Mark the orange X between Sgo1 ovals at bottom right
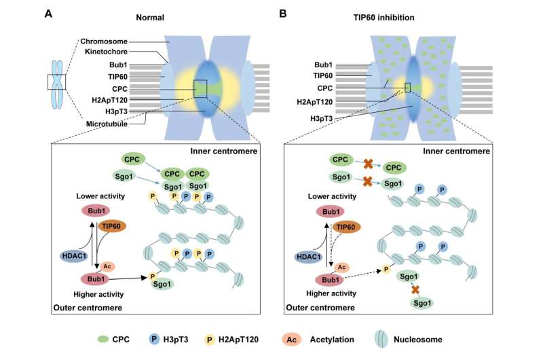coord(415,289)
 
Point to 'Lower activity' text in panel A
coord(95,194)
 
